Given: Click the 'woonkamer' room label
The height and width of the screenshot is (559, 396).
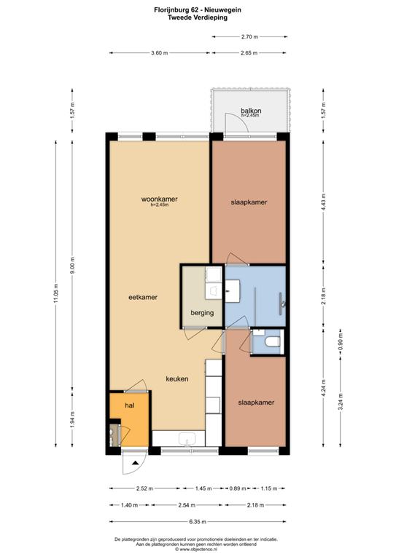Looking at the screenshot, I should coord(160,199).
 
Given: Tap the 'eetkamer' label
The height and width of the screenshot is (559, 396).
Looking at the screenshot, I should coord(143,297).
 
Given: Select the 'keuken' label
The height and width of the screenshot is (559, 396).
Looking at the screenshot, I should coord(177,379).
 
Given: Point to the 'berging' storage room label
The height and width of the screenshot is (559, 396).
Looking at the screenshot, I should coord(202,313).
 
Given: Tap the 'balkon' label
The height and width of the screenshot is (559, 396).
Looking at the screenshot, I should coord(252,111).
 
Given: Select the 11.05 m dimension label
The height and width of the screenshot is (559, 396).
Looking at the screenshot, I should coord(55,294).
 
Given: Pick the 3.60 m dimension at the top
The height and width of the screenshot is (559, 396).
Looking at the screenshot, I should coord(159,53).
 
